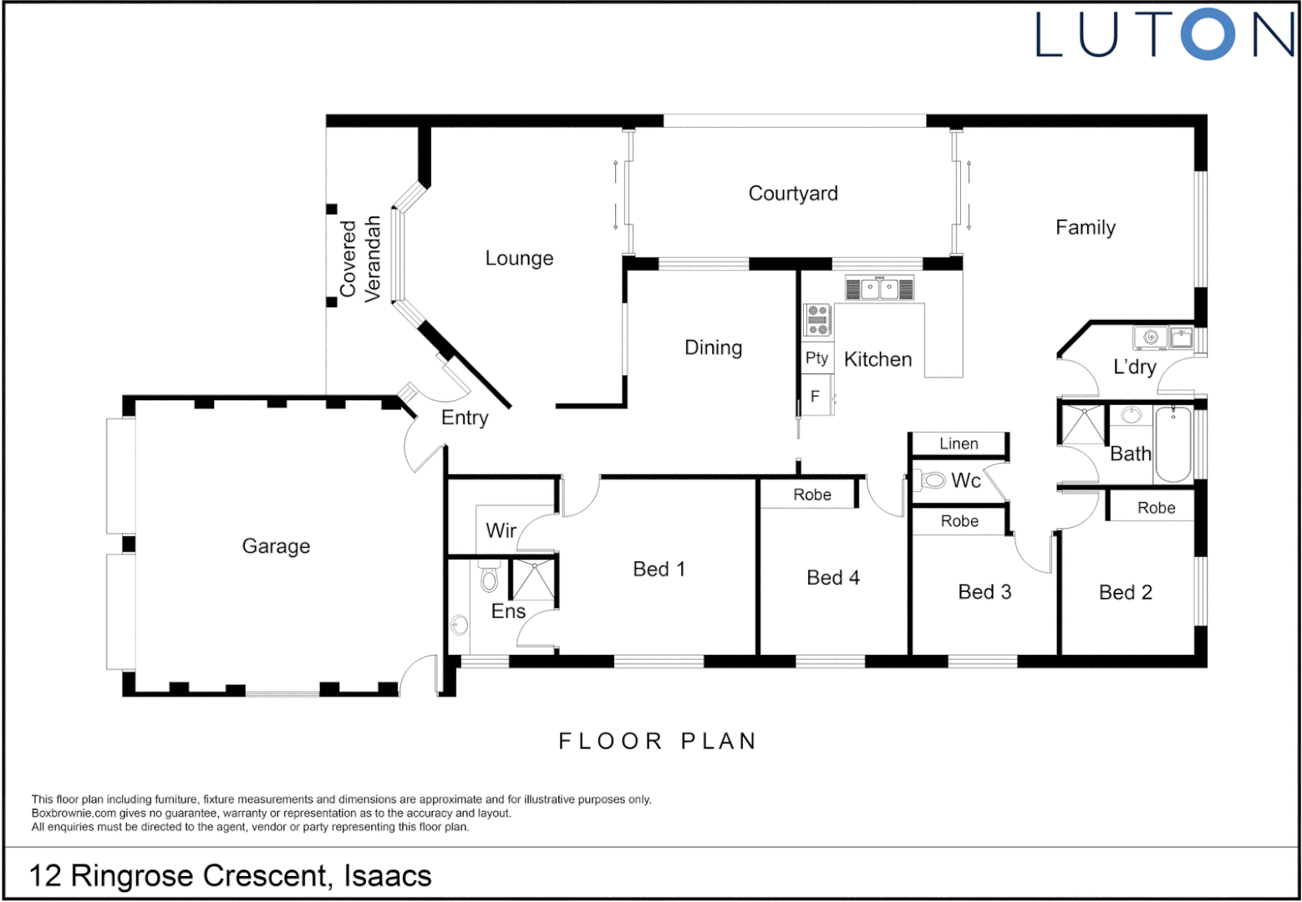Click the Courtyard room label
pos(792,194)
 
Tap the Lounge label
pos(519,258)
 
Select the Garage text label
pos(276,546)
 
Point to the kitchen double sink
pos(879,289)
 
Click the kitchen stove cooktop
pos(817,320)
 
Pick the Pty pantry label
pos(816,358)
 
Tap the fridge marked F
pos(815,397)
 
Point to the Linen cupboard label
pos(959,443)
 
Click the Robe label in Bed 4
pos(811,494)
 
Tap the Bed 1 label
pos(659,570)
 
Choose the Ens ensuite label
pos(508,611)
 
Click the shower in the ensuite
pos(533,580)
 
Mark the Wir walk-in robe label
pos(501,530)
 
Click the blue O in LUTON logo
pos(1208,35)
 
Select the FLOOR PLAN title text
pos(657,741)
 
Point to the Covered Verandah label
pos(360,258)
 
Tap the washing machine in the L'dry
pos(1150,337)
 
